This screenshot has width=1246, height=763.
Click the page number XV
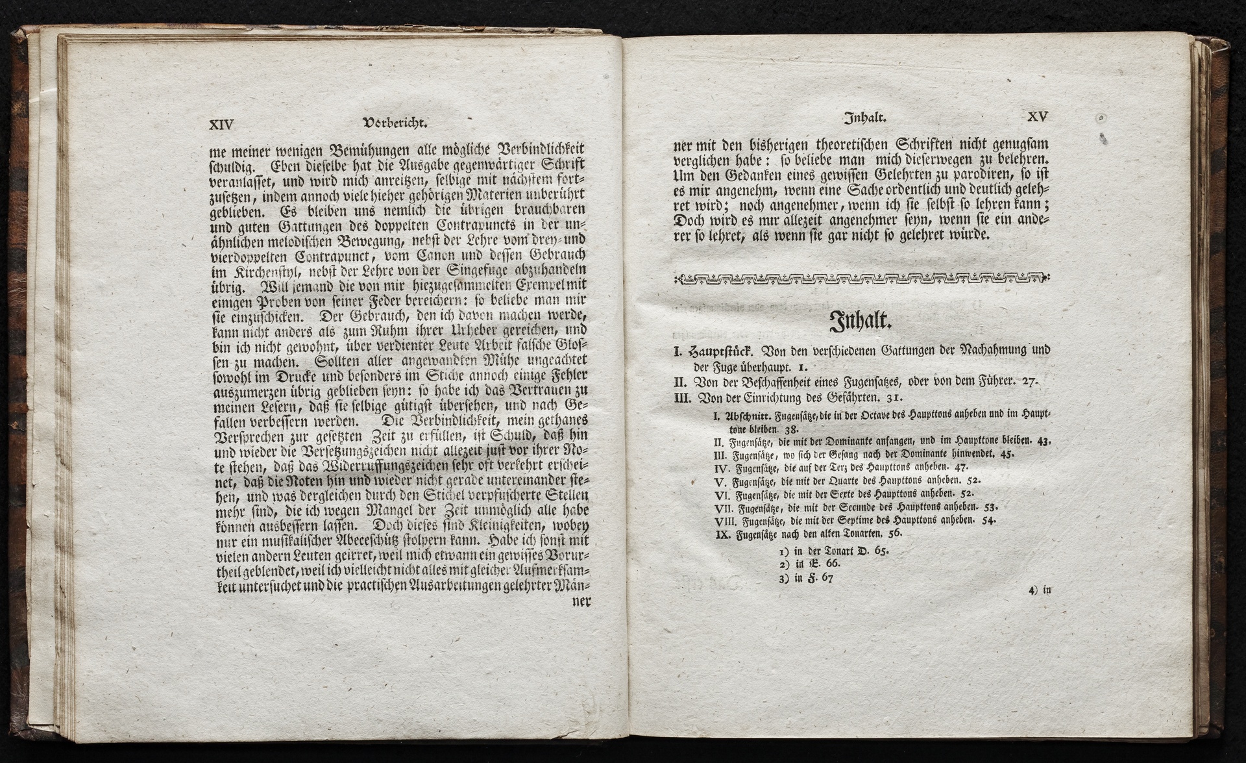pyautogui.click(x=1037, y=118)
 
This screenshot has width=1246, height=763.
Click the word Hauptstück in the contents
pyautogui.click(x=718, y=352)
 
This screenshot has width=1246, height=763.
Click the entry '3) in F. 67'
pyautogui.click(x=807, y=579)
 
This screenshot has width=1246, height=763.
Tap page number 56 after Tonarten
pyautogui.click(x=896, y=534)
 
